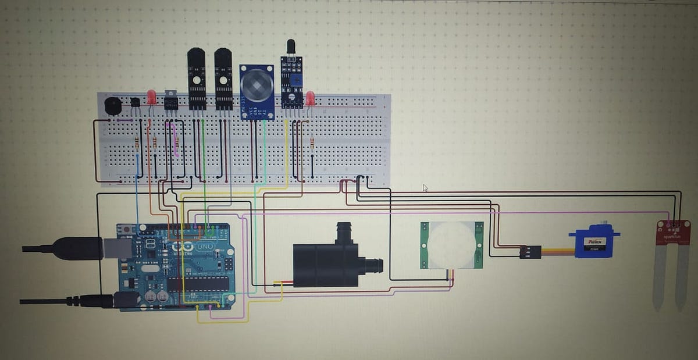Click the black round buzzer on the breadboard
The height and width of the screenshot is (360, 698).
pos(112,106)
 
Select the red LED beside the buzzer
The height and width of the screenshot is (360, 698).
pos(151,97)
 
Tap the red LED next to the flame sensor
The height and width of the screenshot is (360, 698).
pos(310,98)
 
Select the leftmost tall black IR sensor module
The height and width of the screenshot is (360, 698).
pos(196,79)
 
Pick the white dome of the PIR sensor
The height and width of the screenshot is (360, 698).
pos(450,244)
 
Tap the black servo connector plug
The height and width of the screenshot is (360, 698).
pos(530,252)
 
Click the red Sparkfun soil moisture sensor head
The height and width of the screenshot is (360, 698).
pos(673,232)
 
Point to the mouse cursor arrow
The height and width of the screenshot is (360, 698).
pos(425,188)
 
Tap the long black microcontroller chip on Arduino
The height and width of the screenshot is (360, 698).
pos(198,283)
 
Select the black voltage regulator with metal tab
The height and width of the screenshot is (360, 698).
pos(170,100)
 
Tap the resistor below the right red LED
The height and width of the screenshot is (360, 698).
pos(312,142)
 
